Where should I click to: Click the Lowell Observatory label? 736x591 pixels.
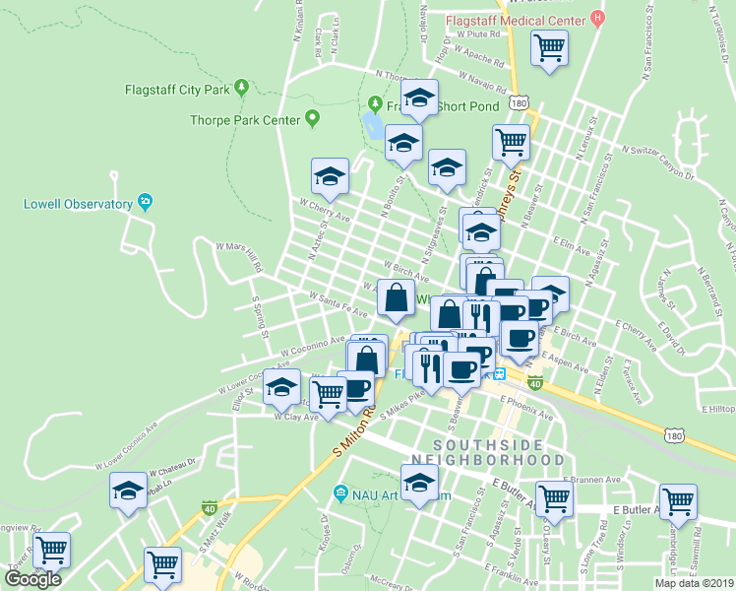(78, 204)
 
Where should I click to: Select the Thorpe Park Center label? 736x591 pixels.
(244, 120)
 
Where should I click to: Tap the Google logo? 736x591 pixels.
(33, 578)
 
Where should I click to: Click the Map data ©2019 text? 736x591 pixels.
(694, 582)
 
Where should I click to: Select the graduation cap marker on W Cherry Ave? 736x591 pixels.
(330, 176)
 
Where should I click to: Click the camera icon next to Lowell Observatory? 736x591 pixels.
(146, 203)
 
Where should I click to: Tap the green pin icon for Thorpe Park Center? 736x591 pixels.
(312, 120)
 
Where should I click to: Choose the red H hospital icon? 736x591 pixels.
(596, 19)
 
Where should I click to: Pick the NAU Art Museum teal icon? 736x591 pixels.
(340, 492)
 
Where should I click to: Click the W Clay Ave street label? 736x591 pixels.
(296, 417)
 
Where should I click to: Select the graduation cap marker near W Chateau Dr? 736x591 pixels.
(128, 492)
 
